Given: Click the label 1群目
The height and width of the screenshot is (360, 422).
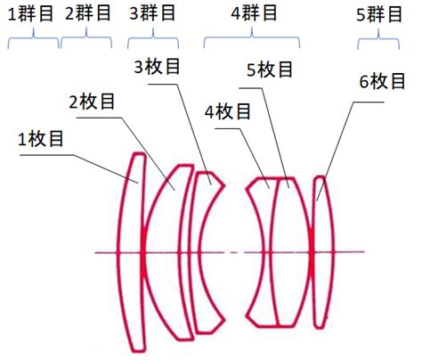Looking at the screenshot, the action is click(30, 14).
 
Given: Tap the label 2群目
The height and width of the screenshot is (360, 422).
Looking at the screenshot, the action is click(88, 13).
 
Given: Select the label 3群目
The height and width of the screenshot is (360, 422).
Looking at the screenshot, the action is click(152, 13).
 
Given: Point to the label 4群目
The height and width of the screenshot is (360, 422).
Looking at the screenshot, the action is click(254, 13).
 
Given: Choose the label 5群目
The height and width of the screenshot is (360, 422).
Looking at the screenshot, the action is click(379, 14).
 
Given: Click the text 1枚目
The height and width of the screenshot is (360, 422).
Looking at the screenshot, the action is click(41, 138).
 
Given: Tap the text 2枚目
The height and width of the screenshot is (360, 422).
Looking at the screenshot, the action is click(92, 102).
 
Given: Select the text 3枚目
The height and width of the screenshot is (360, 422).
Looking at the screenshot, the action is click(157, 66).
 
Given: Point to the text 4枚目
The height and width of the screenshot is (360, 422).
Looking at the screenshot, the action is click(228, 111).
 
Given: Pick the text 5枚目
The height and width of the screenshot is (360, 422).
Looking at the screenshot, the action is click(270, 70).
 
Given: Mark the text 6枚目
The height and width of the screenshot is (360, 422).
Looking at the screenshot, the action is click(382, 81).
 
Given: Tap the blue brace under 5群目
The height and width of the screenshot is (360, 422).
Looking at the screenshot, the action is click(378, 38).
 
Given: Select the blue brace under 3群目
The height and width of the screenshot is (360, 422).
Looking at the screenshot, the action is click(153, 37).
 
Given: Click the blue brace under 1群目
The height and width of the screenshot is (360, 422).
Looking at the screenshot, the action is click(33, 37).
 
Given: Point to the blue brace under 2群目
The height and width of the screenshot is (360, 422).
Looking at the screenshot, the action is click(86, 37).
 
